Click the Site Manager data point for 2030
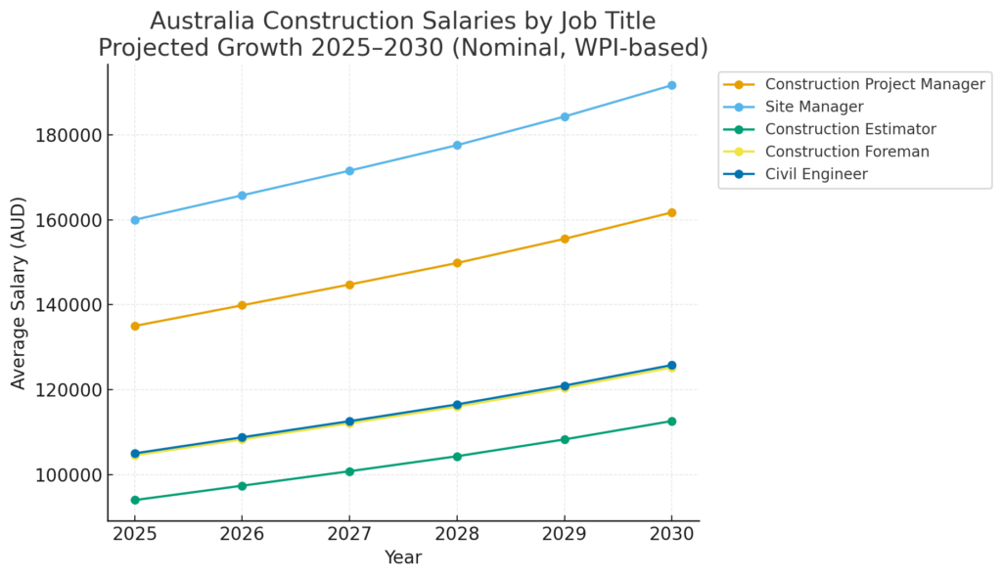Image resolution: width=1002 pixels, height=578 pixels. [x=671, y=85]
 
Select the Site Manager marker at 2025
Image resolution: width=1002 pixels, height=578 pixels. [x=135, y=220]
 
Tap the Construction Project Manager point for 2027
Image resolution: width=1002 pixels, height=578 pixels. [x=349, y=285]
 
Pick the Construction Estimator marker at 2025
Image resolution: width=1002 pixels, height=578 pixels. [x=135, y=500]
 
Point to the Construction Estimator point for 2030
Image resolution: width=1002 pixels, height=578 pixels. [x=671, y=422]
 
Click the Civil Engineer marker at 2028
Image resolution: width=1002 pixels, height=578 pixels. [x=457, y=405]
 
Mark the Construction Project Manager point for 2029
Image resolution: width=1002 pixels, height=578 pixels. [x=564, y=239]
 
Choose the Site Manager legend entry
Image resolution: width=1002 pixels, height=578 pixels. [x=814, y=107]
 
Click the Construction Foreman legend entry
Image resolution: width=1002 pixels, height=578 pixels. [x=847, y=152]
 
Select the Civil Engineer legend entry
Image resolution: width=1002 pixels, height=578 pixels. [x=816, y=174]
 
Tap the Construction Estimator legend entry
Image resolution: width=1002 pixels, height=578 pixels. [x=850, y=129]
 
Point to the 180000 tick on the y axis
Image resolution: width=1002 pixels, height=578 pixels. [x=71, y=135]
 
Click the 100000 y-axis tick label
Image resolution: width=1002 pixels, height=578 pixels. [x=71, y=475]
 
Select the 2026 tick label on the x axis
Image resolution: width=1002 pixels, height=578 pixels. [x=242, y=534]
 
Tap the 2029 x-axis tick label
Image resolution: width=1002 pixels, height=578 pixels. [x=564, y=534]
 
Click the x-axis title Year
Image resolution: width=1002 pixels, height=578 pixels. [x=403, y=557]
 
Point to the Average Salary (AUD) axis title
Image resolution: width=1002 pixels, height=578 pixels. [x=20, y=291]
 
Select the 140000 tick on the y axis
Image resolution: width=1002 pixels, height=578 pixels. [x=71, y=305]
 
